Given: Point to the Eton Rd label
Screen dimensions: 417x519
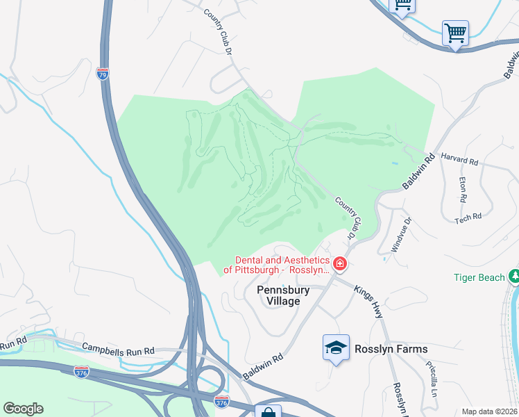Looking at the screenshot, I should coord(463,190).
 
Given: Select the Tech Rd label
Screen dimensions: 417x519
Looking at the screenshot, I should coord(468,218).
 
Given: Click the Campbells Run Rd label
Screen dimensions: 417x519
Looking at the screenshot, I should coord(118,350).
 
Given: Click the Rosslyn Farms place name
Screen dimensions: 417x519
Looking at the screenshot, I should coord(391,349).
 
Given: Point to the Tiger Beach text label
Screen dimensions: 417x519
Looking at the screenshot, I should coord(479,277).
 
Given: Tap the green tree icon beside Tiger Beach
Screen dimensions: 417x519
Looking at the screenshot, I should coord(514,277).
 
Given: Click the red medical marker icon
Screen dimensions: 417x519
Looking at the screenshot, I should coord(340,263).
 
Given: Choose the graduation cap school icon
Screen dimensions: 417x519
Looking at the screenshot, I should coord(336,348).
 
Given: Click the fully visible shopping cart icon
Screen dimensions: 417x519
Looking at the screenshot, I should coord(455,33).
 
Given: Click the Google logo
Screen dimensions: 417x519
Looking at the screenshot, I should coord(23,409).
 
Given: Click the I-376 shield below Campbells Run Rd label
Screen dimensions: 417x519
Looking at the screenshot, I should coord(82,372).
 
